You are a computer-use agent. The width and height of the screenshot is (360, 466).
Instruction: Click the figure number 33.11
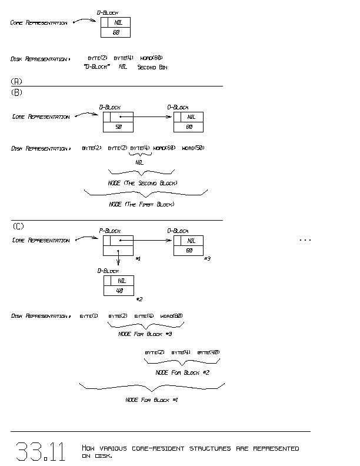tap(40, 451)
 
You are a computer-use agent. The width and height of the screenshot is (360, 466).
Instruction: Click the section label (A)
tap(16, 81)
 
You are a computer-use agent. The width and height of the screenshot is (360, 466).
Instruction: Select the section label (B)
tap(16, 92)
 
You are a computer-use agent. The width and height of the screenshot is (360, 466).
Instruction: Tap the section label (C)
tap(18, 227)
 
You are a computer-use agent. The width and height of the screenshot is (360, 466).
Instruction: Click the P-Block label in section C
tap(109, 231)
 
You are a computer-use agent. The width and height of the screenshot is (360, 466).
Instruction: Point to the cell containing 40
tap(118, 291)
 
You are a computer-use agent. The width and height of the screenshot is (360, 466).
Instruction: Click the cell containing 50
tap(118, 127)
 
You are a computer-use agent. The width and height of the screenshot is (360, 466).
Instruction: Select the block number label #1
tap(137, 259)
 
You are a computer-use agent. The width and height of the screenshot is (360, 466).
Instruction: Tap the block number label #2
tap(139, 299)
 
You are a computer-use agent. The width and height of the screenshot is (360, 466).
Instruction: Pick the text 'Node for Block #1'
tap(152, 400)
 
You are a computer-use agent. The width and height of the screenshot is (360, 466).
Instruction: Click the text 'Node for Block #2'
tap(182, 372)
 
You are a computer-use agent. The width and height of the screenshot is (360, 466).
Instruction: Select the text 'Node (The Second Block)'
tap(143, 183)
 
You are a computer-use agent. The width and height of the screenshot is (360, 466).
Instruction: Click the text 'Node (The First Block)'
tap(142, 204)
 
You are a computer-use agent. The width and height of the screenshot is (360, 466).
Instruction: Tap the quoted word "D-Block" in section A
tap(98, 67)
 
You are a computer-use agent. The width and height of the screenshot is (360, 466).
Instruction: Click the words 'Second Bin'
tap(152, 67)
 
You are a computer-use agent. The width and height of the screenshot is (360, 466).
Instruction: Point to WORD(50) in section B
tap(193, 148)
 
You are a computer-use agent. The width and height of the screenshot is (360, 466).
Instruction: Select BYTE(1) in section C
tap(89, 316)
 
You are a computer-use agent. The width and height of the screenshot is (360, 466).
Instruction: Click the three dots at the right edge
tap(305, 241)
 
